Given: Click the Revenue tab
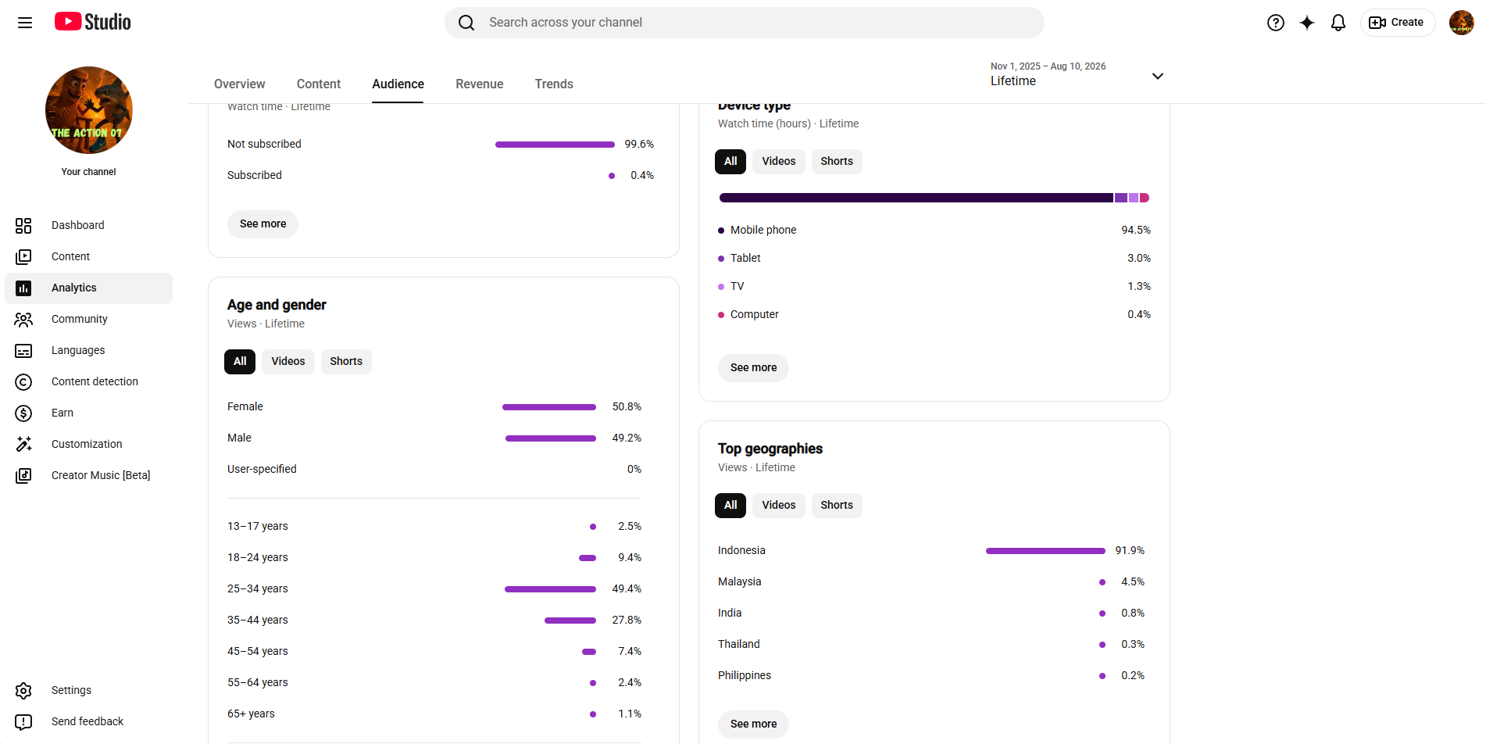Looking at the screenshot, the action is pyautogui.click(x=479, y=84).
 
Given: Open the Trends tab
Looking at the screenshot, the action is pyautogui.click(x=554, y=84).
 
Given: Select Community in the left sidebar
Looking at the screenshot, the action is pyautogui.click(x=79, y=319).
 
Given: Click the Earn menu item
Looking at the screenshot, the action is pyautogui.click(x=63, y=413).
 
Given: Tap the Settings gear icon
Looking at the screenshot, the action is pyautogui.click(x=23, y=691).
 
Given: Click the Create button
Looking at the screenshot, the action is pyautogui.click(x=1397, y=23).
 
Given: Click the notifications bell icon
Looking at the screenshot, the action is pyautogui.click(x=1338, y=23).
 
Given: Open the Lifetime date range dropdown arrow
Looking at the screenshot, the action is pyautogui.click(x=1158, y=76).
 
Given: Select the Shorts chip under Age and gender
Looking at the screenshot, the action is pyautogui.click(x=346, y=361).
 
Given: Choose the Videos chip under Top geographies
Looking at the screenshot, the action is pyautogui.click(x=779, y=505).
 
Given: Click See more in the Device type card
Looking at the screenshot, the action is pyautogui.click(x=753, y=367).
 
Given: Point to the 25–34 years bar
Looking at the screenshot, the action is pyautogui.click(x=550, y=589).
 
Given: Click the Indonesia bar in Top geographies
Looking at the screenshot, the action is pyautogui.click(x=1045, y=551).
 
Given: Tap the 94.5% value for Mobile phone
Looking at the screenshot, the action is pyautogui.click(x=1136, y=230).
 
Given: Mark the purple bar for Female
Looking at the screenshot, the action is pyautogui.click(x=549, y=407).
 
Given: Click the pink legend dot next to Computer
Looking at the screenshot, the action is pyautogui.click(x=721, y=315).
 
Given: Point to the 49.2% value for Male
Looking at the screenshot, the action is pyautogui.click(x=627, y=438).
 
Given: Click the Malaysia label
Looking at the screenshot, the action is pyautogui.click(x=739, y=581).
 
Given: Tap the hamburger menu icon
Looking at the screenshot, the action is pyautogui.click(x=25, y=23).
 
